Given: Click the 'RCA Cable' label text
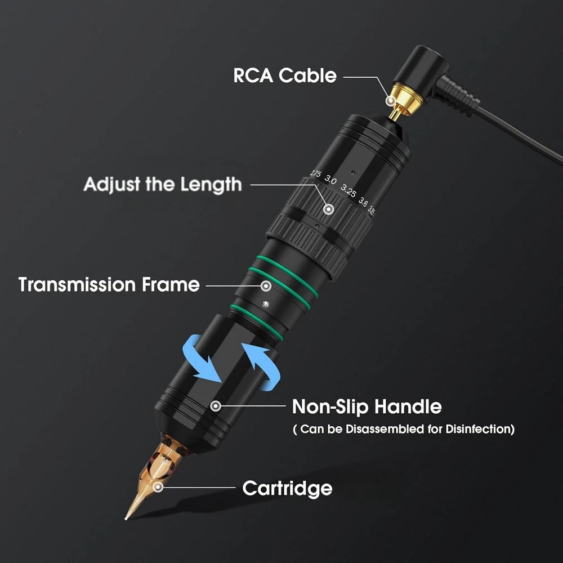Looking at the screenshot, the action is pos(285,75).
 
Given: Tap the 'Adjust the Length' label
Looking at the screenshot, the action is pos(163,185).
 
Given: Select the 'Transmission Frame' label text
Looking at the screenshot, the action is pos(109,284).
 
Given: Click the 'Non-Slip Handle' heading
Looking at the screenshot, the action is pos(367,407).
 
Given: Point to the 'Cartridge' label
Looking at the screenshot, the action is pos(287,488).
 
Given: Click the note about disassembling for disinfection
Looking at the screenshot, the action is pos(404,429).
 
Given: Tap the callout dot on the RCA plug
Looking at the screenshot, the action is pos(390,101).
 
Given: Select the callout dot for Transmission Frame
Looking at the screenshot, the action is pos(266,286).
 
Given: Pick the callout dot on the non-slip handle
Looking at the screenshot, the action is pos(216,406).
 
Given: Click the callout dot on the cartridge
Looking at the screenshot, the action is pos(158,487).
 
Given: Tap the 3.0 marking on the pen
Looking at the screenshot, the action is pos(330,180).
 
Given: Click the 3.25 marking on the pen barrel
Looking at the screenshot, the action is pos(348,191).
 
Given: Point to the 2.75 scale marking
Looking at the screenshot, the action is pos(316,173).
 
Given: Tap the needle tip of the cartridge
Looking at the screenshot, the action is pos(126,518).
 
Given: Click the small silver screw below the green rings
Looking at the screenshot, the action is pos(265,304).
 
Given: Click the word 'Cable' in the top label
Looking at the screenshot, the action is pos(308,75).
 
